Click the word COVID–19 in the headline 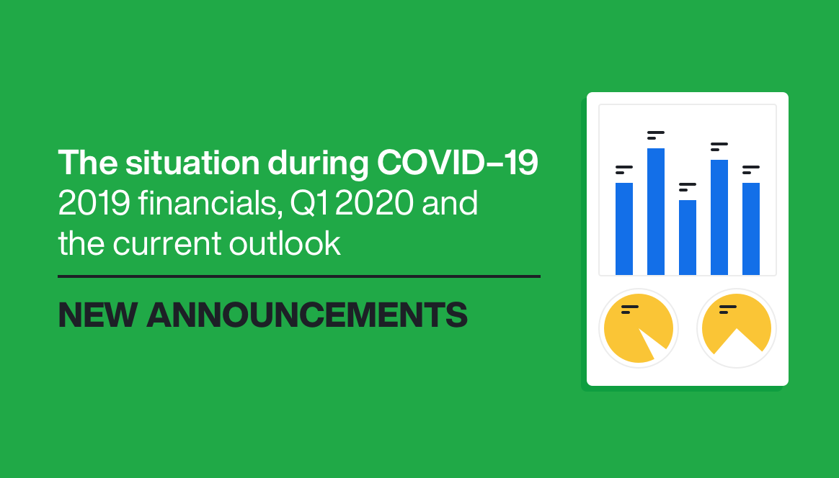[x=458, y=162]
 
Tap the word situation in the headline [x=192, y=162]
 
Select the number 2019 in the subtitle [x=94, y=203]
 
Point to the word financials [x=210, y=203]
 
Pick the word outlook [x=285, y=243]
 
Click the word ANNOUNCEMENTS [x=307, y=315]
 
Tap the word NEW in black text [x=98, y=315]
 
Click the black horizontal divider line [x=299, y=276]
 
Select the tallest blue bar [x=656, y=212]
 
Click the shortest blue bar [x=688, y=238]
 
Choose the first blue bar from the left [x=624, y=229]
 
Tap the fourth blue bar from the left [x=719, y=217]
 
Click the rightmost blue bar [x=751, y=229]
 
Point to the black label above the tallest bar [x=655, y=135]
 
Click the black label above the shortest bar [x=687, y=186]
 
